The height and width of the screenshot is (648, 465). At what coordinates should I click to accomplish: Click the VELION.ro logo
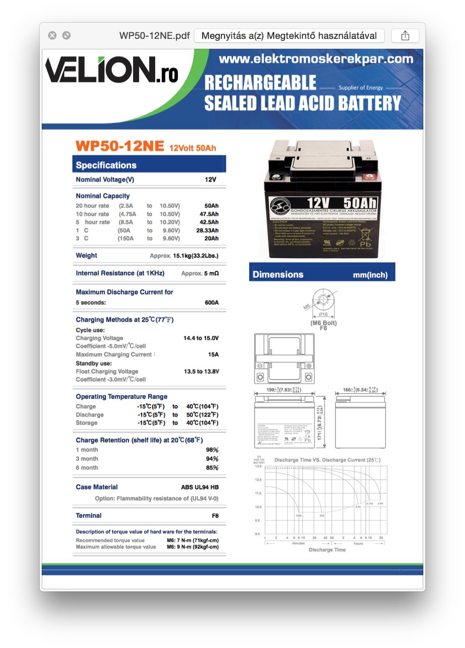tap(112, 70)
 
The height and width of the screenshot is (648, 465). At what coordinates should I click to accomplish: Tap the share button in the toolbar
tap(405, 36)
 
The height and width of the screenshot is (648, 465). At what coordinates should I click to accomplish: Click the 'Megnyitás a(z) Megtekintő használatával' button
tap(289, 36)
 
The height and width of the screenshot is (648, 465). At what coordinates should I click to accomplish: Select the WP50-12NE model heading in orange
tap(120, 146)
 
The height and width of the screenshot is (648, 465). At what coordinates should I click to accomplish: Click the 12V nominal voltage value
tap(210, 179)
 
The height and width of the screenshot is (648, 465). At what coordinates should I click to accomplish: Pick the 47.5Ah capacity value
tap(209, 214)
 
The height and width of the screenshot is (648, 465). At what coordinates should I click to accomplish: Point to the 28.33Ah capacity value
tap(207, 230)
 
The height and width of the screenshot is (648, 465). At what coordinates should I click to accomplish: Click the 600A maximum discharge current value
tap(211, 303)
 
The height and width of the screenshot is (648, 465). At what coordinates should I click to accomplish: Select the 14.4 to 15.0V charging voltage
tap(201, 338)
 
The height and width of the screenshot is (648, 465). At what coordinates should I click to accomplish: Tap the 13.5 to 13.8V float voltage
tap(201, 371)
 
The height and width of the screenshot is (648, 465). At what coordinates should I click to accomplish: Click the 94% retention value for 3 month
tap(212, 459)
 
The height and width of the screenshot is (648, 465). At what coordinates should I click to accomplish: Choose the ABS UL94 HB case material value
tap(200, 487)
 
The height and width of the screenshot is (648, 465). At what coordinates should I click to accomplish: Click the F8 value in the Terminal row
tap(215, 516)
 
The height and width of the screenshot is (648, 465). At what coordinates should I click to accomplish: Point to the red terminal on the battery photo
tap(369, 177)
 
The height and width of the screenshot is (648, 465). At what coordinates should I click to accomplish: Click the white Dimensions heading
tap(278, 275)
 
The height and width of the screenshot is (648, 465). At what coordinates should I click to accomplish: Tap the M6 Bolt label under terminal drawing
tap(324, 323)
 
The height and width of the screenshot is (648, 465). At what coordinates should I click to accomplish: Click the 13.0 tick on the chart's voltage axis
tap(258, 467)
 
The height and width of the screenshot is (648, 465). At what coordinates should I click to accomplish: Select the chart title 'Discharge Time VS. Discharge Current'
tap(327, 460)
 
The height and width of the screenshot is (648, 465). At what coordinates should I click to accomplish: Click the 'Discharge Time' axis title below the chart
tap(327, 550)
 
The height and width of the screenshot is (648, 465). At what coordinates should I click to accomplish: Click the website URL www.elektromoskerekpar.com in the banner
tap(316, 59)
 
